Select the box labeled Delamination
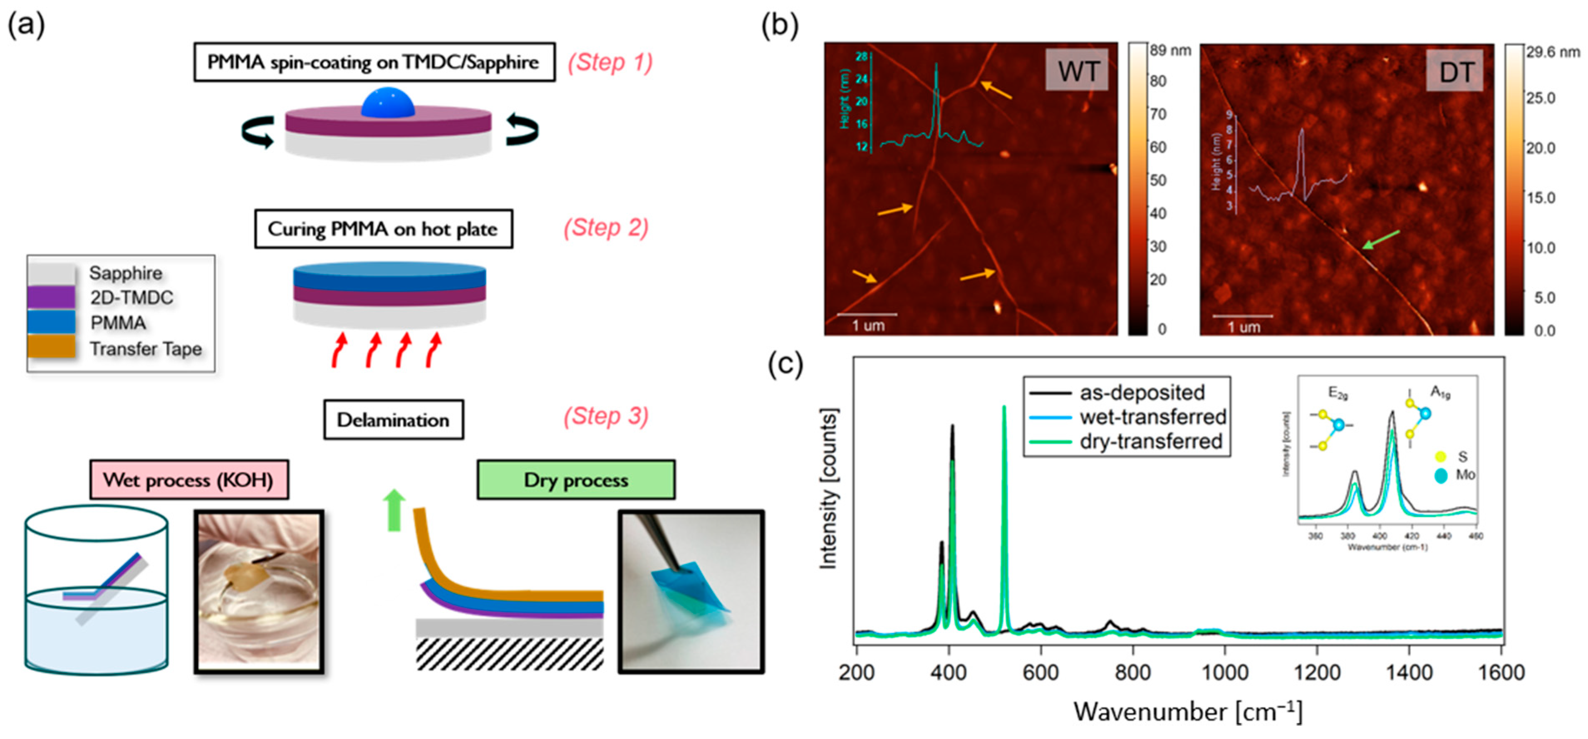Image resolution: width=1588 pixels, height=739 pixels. [x=393, y=420]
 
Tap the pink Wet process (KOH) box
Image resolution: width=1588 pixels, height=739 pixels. [x=188, y=479]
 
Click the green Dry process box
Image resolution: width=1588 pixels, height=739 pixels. [x=576, y=479]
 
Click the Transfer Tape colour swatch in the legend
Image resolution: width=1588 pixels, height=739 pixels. [x=52, y=348]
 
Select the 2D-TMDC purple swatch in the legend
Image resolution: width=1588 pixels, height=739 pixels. [x=52, y=298]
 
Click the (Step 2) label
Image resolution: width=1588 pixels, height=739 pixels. [x=606, y=228]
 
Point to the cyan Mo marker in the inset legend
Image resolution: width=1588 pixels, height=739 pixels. [x=1441, y=475]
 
